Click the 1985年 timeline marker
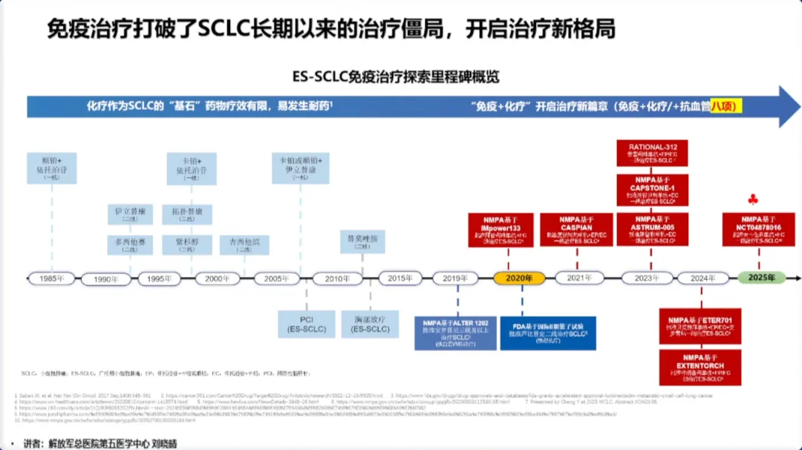pos(51,278)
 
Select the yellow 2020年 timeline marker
pos(519,278)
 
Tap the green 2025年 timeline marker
pos(761,277)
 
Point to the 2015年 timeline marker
pos(400,278)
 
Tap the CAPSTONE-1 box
pos(652,191)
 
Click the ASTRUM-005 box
pos(652,229)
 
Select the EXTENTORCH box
pos(700,367)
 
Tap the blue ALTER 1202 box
pos(456,333)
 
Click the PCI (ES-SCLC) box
pos(306,324)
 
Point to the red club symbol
pos(754,199)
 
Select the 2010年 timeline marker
pos(337,278)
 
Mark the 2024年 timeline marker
pos(698,278)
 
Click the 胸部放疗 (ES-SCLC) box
pos(370,324)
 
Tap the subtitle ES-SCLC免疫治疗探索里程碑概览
pos(396,76)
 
